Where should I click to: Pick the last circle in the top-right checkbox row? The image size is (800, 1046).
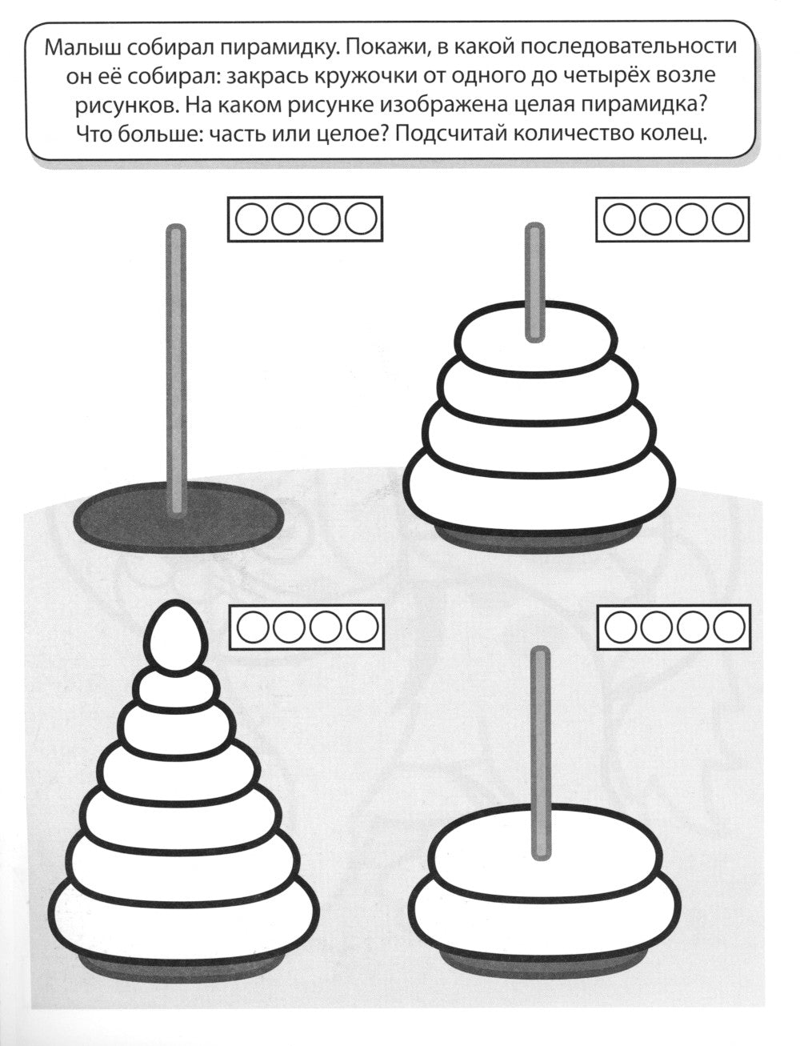(728, 218)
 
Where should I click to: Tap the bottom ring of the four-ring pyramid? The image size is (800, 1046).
(542, 491)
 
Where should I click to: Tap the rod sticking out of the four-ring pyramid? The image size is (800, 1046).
(534, 283)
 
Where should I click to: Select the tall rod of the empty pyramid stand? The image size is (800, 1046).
(176, 369)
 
